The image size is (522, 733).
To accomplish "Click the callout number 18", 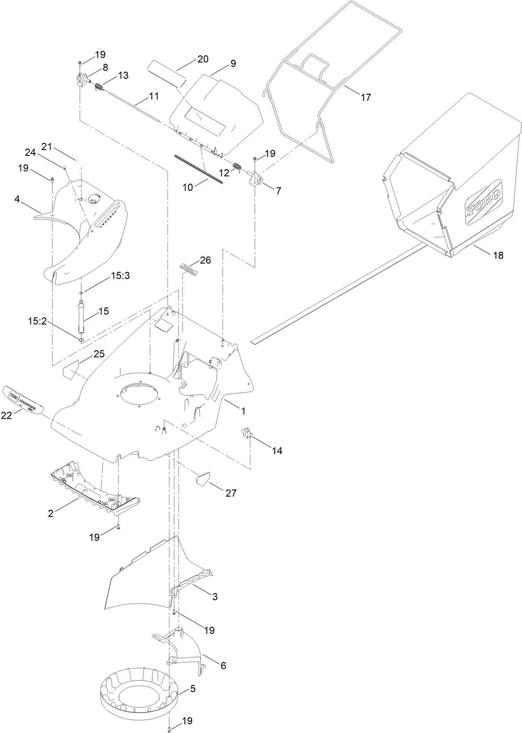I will tap(498, 256).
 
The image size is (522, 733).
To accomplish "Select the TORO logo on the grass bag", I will tap(484, 203).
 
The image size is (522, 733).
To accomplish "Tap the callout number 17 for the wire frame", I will tap(366, 97).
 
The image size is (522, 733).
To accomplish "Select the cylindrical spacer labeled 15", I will tap(82, 317).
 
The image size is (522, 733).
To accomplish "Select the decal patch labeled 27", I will tap(203, 480).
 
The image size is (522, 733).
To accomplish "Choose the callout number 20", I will tap(203, 59).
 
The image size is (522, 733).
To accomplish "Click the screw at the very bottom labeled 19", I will tap(170, 729).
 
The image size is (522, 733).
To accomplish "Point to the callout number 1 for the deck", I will tap(243, 411).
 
